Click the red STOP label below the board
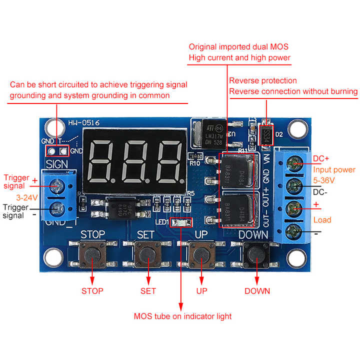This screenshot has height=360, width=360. tap(92, 291)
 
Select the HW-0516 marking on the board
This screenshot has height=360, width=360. tap(80, 122)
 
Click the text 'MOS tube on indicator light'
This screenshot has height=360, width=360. tap(182, 316)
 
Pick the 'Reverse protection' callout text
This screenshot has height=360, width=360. tap(263, 80)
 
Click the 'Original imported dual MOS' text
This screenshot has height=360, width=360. tap(238, 46)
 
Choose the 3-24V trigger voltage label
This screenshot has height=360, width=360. tap(27, 197)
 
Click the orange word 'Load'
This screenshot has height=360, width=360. tap(322, 219)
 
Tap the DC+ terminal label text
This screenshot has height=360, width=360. tap(322, 159)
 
